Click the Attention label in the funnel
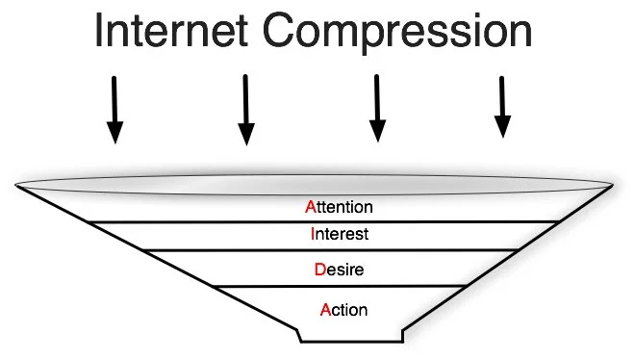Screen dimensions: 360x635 (338, 206)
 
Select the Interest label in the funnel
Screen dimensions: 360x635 (340, 233)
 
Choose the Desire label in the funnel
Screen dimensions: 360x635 (339, 270)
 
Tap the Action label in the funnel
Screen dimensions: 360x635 (343, 309)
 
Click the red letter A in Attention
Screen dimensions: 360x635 (310, 206)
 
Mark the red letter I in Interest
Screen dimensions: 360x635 (313, 233)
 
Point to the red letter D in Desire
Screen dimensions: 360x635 (319, 270)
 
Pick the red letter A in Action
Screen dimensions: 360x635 (325, 309)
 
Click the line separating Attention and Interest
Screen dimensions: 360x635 (327, 221)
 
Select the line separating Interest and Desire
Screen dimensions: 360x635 (327, 249)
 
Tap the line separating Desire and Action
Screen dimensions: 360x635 (327, 286)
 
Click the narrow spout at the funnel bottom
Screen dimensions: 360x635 (350, 336)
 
